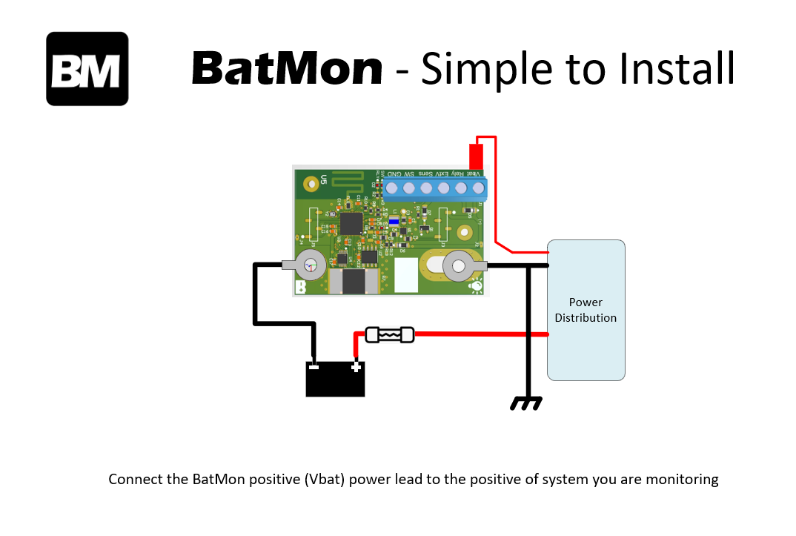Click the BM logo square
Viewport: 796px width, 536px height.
pos(87,69)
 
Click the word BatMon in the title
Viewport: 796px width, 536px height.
pos(287,69)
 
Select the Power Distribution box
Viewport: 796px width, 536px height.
pos(586,310)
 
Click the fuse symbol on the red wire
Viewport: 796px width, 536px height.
pos(389,335)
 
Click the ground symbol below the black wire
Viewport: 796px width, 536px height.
pos(526,403)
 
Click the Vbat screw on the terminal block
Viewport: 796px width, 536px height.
pos(478,188)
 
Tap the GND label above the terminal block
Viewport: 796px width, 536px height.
pos(396,173)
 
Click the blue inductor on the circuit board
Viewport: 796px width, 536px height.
pos(394,221)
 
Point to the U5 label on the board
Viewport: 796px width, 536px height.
pos(324,179)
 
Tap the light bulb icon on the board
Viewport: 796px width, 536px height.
pos(476,286)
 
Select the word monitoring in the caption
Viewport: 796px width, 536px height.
pos(680,479)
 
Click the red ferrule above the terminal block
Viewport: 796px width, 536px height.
pos(476,156)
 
